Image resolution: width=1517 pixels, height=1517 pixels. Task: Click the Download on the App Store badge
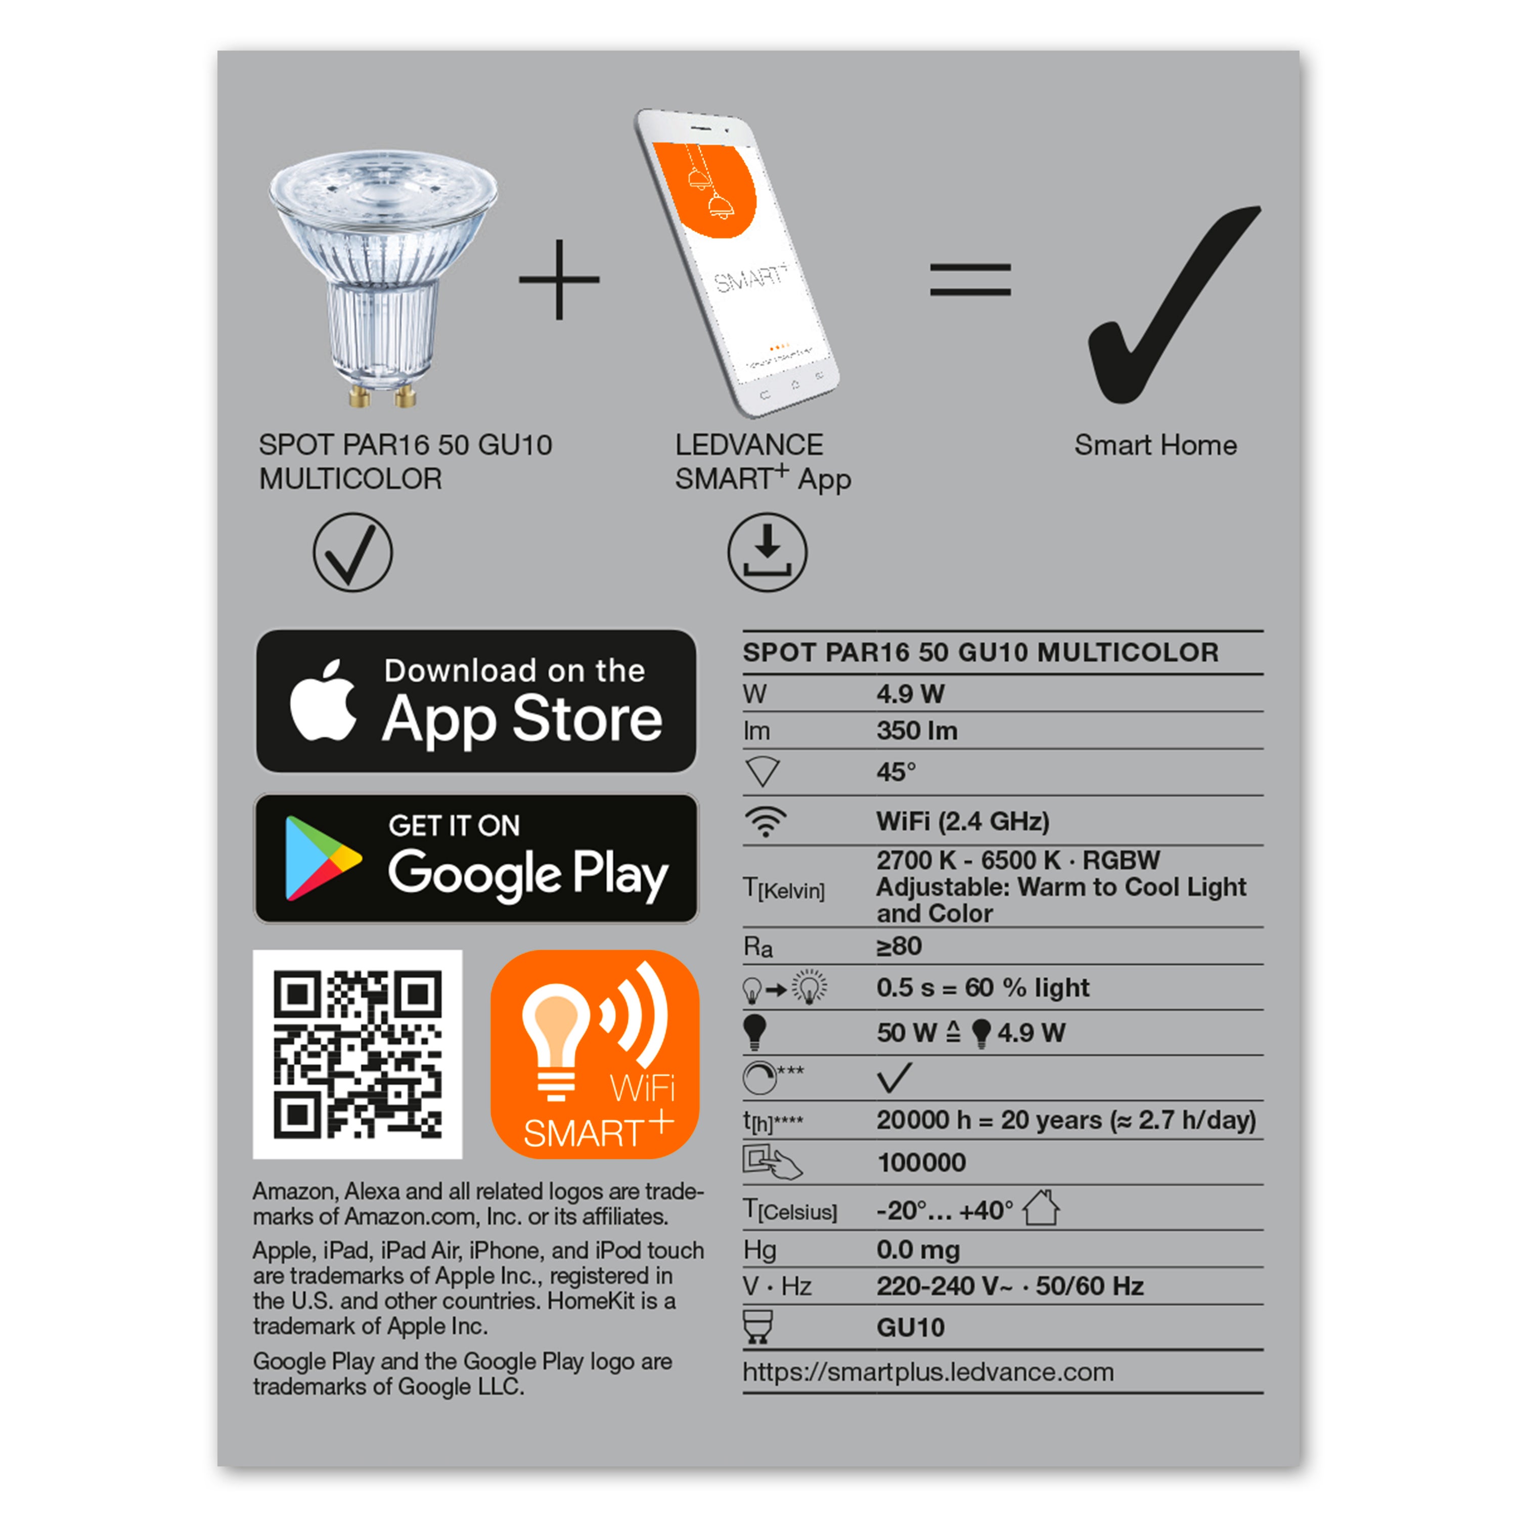476,700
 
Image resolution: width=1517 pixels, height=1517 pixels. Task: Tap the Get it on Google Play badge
476,858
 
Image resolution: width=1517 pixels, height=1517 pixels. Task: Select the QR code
358,1054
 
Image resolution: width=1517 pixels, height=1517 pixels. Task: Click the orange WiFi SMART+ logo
594,1054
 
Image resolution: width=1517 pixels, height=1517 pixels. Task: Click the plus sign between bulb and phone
559,280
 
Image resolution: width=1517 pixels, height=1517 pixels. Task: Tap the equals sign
970,280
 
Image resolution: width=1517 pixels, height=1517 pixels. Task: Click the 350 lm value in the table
916,731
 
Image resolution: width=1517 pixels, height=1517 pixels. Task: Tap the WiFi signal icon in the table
765,821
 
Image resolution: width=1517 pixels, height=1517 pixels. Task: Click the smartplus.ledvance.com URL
927,1372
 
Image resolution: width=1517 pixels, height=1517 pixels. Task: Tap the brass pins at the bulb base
382,395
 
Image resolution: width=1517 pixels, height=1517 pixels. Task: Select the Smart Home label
1155,445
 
